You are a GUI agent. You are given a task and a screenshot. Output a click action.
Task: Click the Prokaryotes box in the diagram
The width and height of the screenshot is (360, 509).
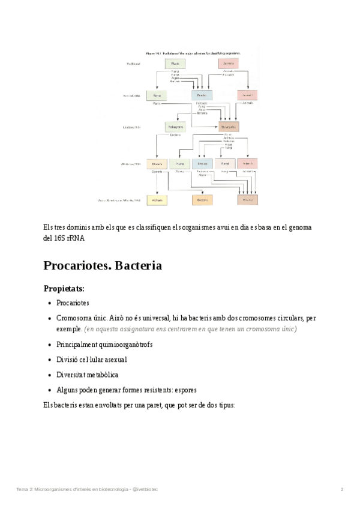[x=174, y=127]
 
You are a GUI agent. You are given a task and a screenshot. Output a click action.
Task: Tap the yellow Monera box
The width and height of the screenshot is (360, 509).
[x=157, y=163]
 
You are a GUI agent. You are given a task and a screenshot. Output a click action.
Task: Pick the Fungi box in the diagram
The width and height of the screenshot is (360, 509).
[x=225, y=163]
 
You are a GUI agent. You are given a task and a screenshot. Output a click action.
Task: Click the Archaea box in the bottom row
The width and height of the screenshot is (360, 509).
[x=157, y=200]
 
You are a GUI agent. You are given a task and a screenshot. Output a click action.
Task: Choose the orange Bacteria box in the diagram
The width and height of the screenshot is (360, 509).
[x=202, y=200]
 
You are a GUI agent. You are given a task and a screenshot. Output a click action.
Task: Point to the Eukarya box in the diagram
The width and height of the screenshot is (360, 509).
[x=247, y=200]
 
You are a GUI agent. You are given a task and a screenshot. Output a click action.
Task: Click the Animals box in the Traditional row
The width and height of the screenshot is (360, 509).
[x=228, y=64]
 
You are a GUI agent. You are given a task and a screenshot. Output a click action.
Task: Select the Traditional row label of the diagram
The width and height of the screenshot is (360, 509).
[x=133, y=64]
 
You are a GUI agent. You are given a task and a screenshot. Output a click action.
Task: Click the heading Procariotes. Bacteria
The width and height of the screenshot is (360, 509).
[x=103, y=265]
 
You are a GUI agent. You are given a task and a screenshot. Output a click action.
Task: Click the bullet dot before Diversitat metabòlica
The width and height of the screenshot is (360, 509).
[x=49, y=375]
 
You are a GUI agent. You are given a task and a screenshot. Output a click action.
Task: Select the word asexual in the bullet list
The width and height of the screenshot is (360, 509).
[x=114, y=360]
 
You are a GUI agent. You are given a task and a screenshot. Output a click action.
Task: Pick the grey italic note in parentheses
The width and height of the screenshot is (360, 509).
[x=191, y=330]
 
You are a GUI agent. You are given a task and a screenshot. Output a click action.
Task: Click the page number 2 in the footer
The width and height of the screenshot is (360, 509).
[x=341, y=490]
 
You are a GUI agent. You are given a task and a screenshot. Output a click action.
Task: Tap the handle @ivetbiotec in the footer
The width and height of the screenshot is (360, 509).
[x=145, y=490]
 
